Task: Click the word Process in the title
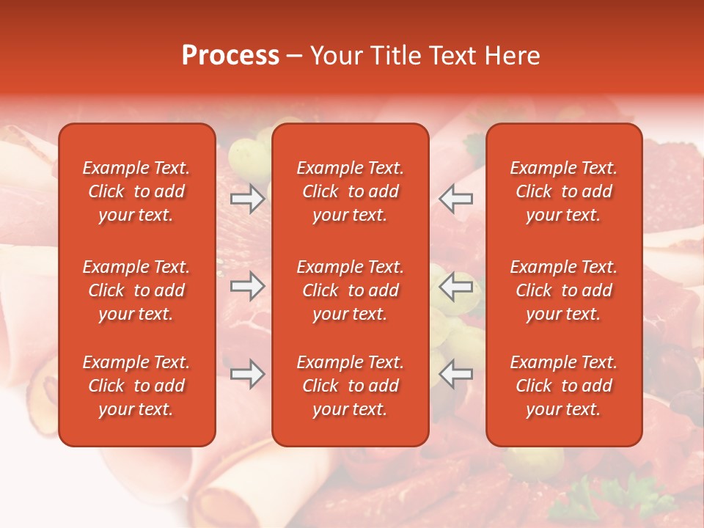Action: tap(230, 56)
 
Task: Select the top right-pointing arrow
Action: tap(248, 199)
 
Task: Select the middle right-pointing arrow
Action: tap(248, 286)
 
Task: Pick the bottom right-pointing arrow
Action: tap(248, 374)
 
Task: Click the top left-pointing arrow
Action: tap(456, 199)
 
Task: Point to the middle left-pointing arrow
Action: tap(456, 286)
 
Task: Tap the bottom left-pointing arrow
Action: tap(456, 374)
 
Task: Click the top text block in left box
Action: tap(136, 191)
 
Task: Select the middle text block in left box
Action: tap(136, 290)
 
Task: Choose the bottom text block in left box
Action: tap(136, 386)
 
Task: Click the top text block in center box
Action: tap(350, 191)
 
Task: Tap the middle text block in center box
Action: tap(350, 290)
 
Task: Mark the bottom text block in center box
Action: tap(350, 386)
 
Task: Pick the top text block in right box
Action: tap(563, 191)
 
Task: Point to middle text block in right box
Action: tap(563, 290)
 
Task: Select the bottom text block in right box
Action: tap(563, 386)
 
